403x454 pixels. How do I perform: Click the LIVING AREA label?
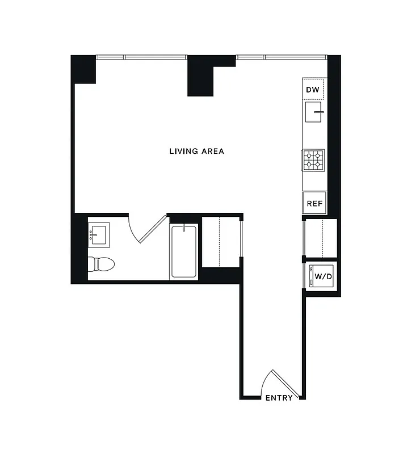point(196,151)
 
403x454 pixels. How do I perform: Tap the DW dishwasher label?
point(313,90)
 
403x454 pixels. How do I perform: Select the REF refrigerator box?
point(314,203)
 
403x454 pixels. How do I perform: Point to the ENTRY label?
point(279,398)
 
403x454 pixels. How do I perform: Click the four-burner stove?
point(314,159)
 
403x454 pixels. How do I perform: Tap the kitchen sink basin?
point(314,112)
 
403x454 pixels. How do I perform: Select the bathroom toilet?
point(101,263)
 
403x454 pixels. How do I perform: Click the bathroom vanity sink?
point(99,234)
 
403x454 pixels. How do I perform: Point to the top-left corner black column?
point(83,69)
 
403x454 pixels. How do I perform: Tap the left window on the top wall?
point(142,57)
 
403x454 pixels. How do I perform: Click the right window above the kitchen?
point(281,57)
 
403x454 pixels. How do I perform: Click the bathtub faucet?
point(183,229)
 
